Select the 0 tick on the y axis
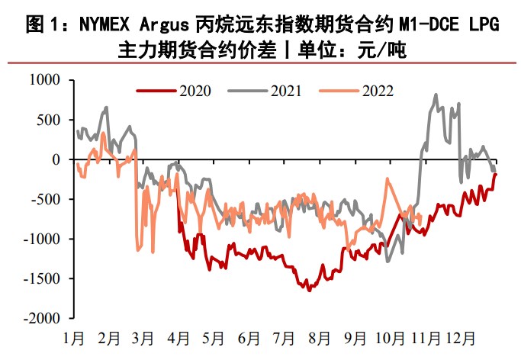pos(56,159)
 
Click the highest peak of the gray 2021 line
pos(436,95)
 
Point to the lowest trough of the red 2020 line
pos(309,291)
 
